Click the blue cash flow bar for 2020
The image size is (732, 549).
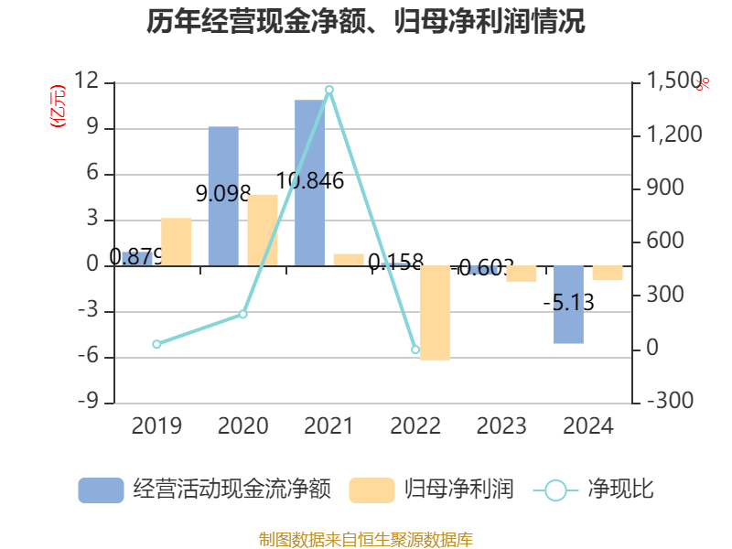coord(223,196)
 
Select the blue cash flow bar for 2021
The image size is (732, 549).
coord(309,183)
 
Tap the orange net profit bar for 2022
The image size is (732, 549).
coord(436,313)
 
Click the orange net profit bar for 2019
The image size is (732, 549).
coord(177,242)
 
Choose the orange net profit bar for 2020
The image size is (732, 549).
coord(263,230)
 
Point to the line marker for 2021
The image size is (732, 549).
coord(329,90)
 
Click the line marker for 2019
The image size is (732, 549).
coord(156,344)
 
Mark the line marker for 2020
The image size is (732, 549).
coord(243,315)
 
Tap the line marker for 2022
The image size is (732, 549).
coord(415,350)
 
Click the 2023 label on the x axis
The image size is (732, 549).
coord(501,426)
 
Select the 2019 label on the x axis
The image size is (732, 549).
coord(156,426)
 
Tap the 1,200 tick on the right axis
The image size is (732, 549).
coord(675,135)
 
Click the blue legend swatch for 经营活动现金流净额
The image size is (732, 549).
coord(101,490)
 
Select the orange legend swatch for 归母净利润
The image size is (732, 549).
coord(371,490)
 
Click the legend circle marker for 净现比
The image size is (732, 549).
coord(555,490)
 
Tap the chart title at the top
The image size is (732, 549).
coord(366,22)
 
